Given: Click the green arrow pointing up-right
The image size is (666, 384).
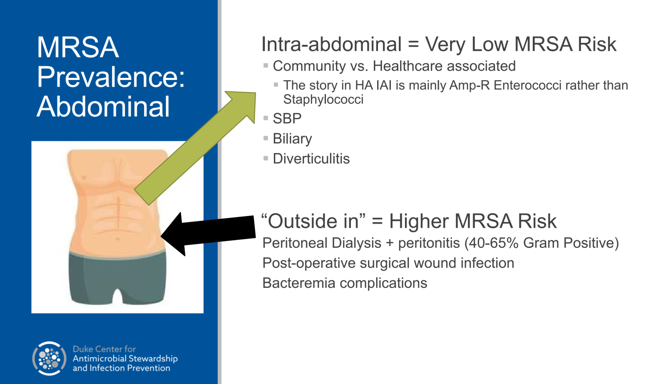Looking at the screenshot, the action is [x=195, y=148].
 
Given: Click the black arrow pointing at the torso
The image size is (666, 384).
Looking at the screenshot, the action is [x=208, y=234].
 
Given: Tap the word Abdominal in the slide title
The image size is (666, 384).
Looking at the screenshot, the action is [x=103, y=107].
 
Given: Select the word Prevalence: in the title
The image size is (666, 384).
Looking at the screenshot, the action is [x=111, y=77].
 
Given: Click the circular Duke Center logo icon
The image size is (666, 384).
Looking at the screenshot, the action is [x=49, y=359].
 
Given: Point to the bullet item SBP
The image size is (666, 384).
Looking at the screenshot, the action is [x=287, y=119].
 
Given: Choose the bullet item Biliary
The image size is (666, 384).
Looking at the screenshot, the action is [x=292, y=139].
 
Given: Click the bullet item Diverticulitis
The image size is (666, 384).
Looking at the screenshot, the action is [x=311, y=159].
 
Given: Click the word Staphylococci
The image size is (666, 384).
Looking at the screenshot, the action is [x=323, y=100].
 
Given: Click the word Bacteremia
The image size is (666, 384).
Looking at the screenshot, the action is [x=298, y=283].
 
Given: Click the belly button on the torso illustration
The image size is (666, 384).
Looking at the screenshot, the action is [x=117, y=239].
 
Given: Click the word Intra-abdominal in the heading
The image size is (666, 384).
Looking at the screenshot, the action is [x=331, y=45].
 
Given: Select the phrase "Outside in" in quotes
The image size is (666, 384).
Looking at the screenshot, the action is [x=313, y=221].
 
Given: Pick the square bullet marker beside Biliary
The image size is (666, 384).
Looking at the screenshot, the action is [x=266, y=138].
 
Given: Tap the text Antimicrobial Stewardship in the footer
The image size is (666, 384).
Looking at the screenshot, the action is [x=125, y=359].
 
